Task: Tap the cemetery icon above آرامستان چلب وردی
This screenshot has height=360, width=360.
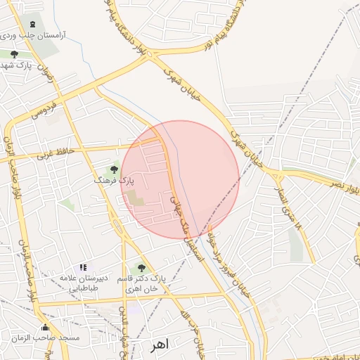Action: [x=32, y=25]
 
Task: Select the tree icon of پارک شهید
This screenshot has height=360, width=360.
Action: [x=14, y=53]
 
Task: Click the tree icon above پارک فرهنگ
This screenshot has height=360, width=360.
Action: [x=114, y=169]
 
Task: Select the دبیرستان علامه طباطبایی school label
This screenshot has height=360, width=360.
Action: [x=83, y=283]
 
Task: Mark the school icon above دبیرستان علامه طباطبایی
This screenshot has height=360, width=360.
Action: [x=83, y=267]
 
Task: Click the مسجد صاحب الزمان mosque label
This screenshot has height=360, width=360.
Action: [x=45, y=338]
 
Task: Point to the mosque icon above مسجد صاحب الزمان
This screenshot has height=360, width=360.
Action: [x=46, y=327]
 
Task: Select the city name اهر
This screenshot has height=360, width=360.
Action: [x=161, y=346]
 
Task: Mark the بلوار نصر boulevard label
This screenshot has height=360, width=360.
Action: [x=344, y=188]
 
